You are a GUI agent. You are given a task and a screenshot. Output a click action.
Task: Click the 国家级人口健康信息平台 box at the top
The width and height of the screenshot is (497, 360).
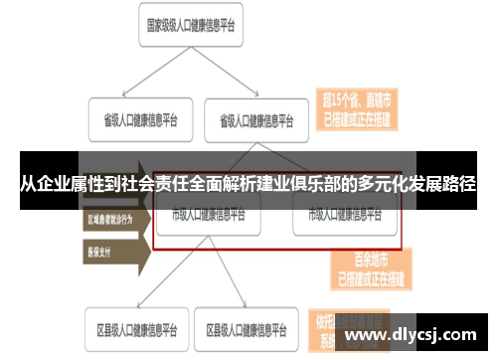(x=191, y=27)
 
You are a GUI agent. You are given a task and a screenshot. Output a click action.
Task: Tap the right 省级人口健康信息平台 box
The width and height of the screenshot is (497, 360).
(x=256, y=121)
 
